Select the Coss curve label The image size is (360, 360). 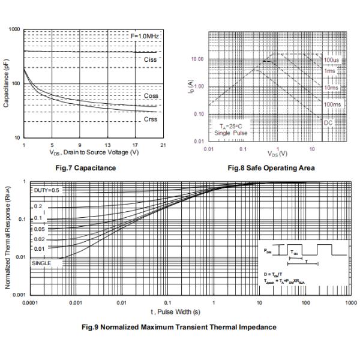151,96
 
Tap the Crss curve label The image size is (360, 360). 151,119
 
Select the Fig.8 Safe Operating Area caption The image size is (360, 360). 271,168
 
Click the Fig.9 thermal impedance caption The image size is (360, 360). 179,327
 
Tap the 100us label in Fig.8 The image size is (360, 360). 332,60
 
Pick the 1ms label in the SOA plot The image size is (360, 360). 329,71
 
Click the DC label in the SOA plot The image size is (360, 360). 328,122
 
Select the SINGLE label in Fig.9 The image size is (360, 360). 42,263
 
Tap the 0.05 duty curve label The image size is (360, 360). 39,229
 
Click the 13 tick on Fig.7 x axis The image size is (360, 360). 107,146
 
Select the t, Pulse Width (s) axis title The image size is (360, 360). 175,312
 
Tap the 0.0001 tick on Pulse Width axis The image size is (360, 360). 30,303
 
